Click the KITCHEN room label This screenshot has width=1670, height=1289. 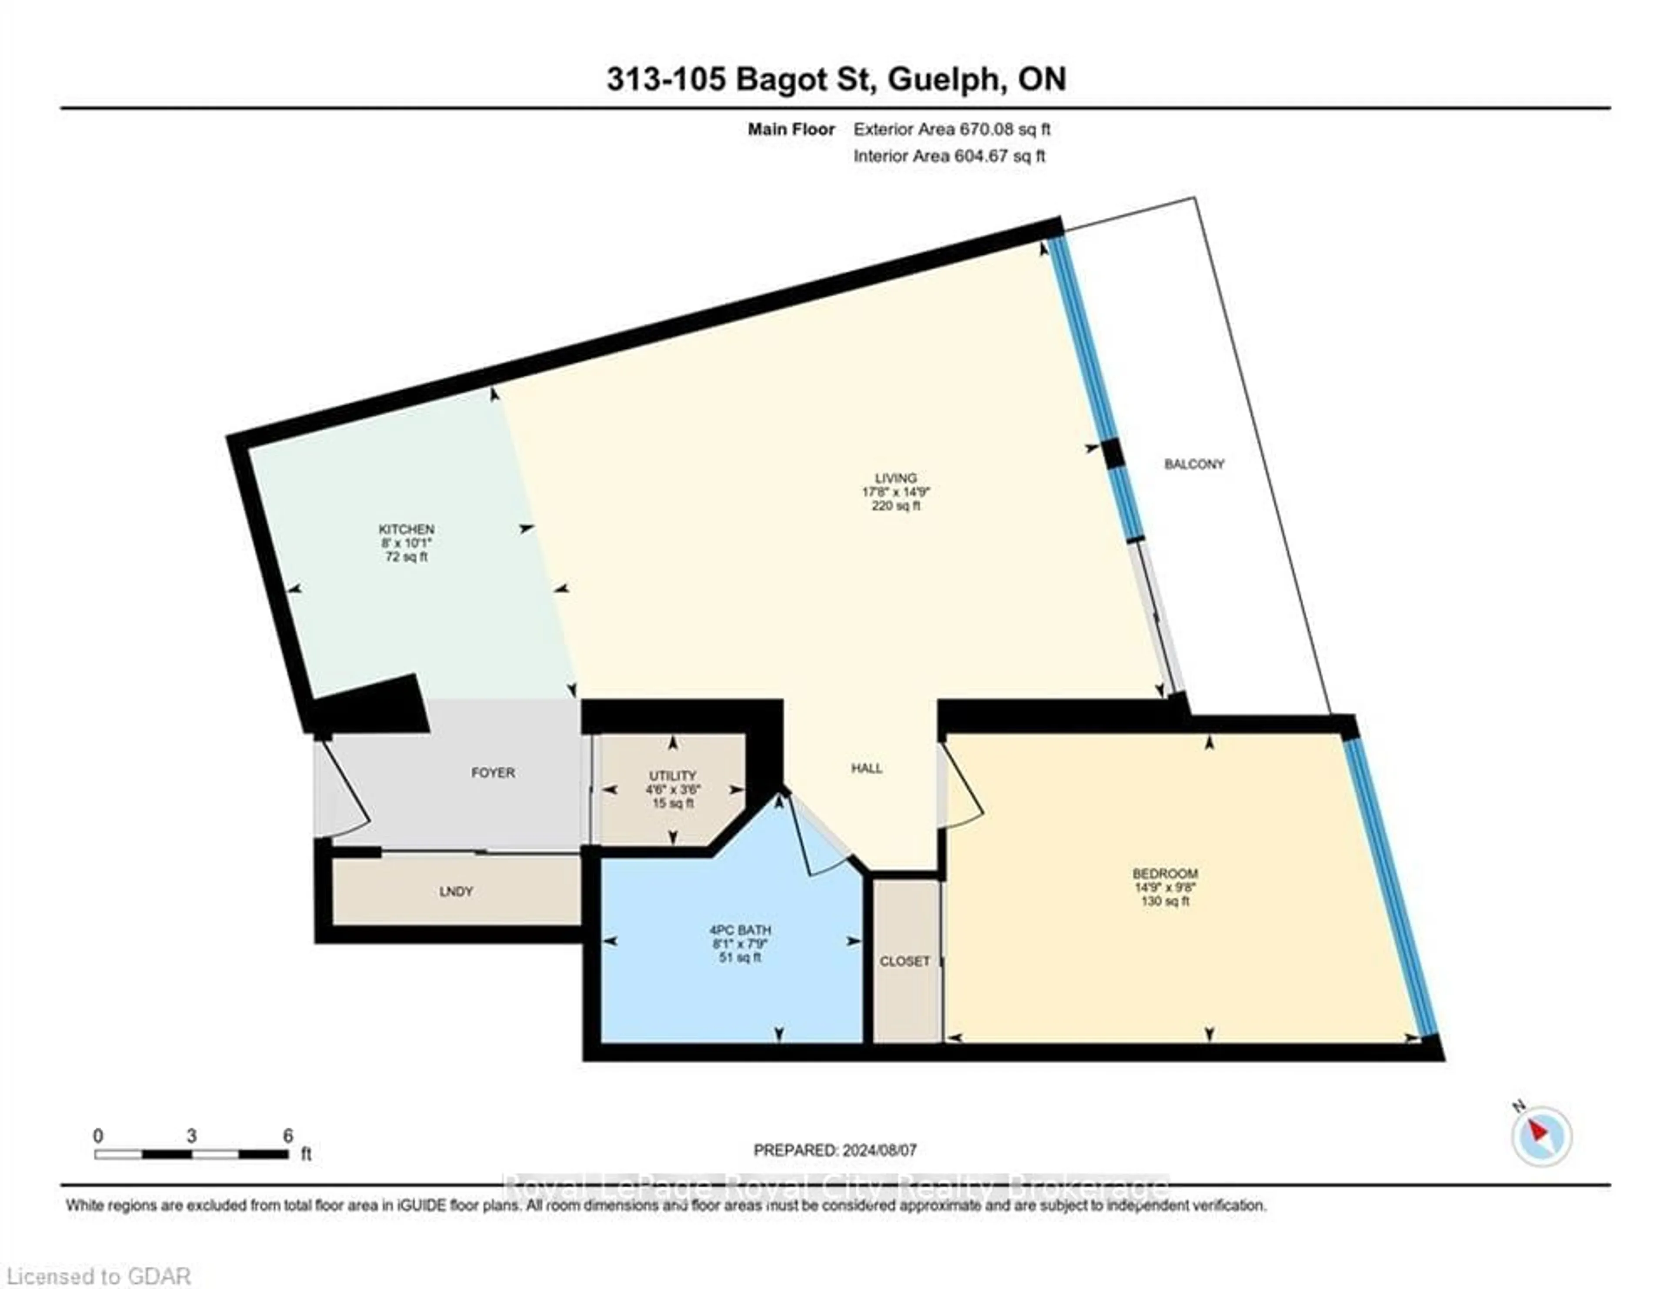point(406,529)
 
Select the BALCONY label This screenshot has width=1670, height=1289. point(1194,464)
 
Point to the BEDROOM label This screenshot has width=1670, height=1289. point(1166,873)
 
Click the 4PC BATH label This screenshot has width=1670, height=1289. point(740,930)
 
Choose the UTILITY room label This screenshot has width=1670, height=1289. point(673,775)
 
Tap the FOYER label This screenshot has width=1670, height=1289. point(493,773)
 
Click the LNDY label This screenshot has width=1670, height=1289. point(457,892)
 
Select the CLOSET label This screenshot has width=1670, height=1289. point(905,961)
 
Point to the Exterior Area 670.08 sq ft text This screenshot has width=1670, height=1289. point(952,129)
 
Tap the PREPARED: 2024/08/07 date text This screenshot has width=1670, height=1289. point(835,1150)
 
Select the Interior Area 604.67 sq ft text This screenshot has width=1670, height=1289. point(949,156)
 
